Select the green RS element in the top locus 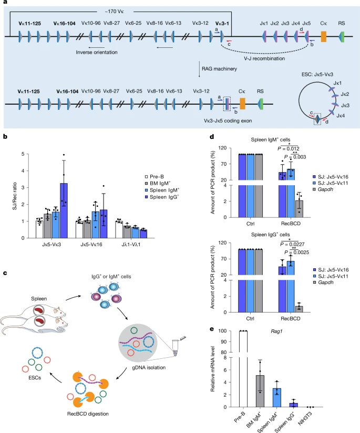[x=342, y=36]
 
